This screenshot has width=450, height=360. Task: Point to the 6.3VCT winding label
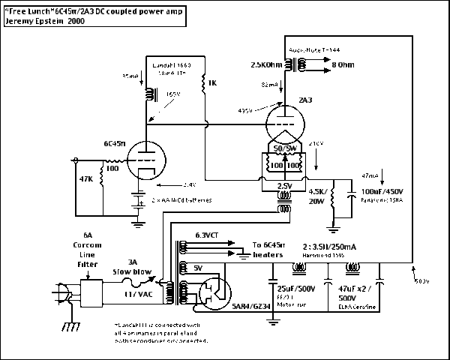(208, 235)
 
